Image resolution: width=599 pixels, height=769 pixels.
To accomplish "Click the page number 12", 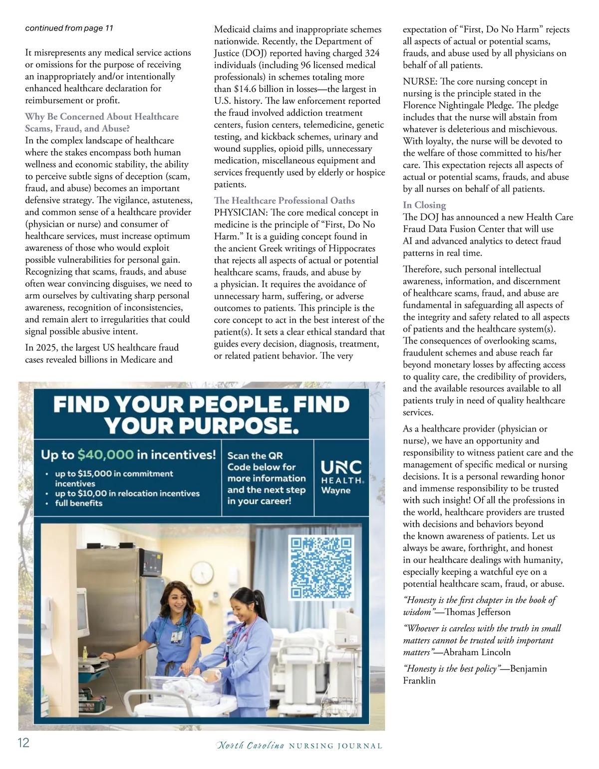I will click(x=23, y=743).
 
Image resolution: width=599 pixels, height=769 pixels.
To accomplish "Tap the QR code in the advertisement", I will click(x=321, y=567).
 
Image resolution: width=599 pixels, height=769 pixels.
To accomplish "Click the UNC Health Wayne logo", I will click(x=342, y=476).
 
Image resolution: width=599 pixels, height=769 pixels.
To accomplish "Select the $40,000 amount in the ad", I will click(x=105, y=455).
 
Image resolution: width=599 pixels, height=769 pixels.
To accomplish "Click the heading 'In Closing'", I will click(x=424, y=205).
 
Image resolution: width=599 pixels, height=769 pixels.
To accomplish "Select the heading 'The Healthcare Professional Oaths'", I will click(x=284, y=201).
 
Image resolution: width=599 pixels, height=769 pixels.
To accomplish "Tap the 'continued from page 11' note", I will click(x=69, y=28).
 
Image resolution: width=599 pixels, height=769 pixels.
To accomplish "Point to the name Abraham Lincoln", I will click(x=477, y=652).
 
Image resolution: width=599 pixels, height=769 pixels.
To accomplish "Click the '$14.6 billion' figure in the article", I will click(x=259, y=89).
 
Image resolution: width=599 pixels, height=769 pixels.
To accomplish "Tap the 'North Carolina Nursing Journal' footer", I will click(x=299, y=746).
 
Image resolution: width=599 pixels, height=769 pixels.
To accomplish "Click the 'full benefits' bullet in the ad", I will click(x=78, y=503).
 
